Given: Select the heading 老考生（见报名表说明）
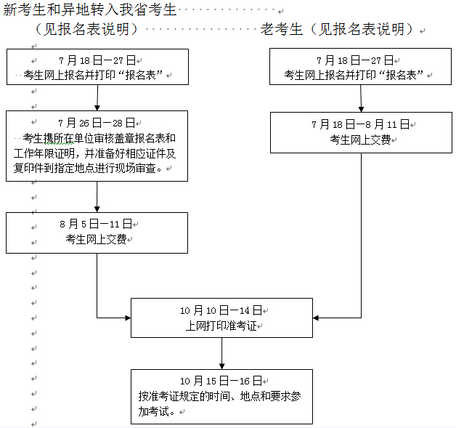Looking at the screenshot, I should [338, 30].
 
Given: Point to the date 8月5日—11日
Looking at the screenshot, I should [97, 224].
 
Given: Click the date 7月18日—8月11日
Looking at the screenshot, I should [360, 124].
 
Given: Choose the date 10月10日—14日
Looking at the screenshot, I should [221, 310].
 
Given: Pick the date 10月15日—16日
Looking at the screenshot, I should [221, 381].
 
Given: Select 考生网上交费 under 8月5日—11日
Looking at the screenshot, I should [97, 239].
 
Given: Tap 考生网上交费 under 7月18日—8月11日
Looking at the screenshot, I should [360, 139].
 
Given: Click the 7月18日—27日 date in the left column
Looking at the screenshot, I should [97, 60].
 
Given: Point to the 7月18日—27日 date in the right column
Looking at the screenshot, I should [360, 60].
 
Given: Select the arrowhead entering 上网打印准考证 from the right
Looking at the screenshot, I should [317, 318].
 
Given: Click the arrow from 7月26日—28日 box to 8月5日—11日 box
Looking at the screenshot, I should [97, 196].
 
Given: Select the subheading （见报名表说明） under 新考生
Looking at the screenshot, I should [86, 30].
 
